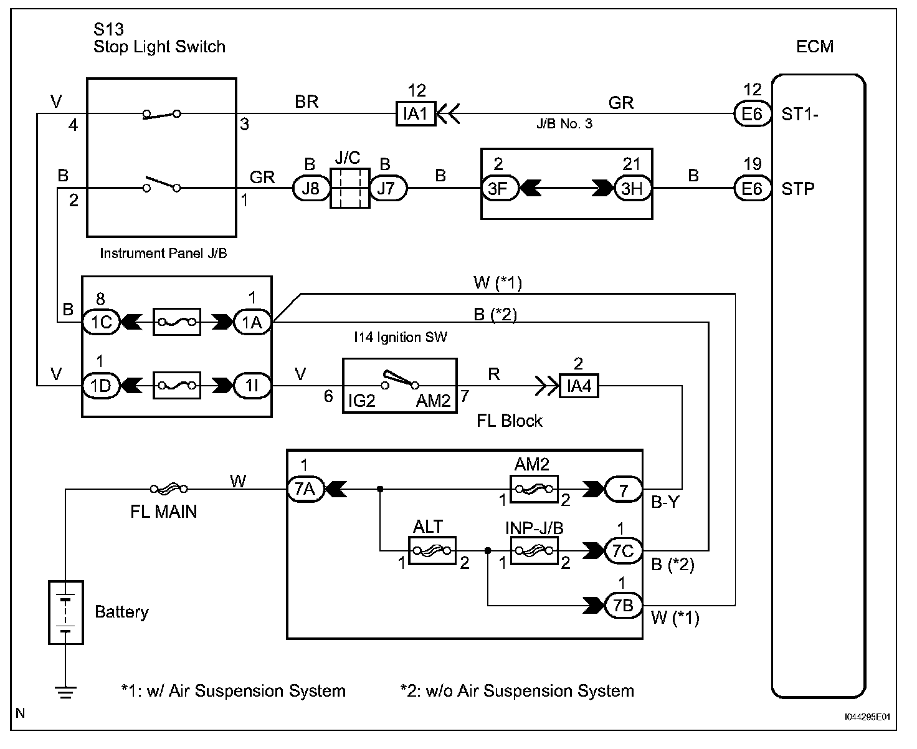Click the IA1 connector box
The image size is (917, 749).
(416, 114)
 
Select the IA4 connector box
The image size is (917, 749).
(579, 386)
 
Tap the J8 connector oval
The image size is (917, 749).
(310, 188)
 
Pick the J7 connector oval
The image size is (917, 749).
(387, 188)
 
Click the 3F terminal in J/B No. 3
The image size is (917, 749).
(498, 188)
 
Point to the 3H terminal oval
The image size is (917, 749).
(632, 188)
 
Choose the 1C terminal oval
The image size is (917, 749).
(100, 322)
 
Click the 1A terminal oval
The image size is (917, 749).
(252, 322)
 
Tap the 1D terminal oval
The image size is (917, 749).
(100, 386)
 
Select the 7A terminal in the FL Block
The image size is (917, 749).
(305, 489)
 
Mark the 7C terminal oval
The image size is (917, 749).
(623, 551)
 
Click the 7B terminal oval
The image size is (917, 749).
(623, 605)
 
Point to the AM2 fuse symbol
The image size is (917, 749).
(534, 489)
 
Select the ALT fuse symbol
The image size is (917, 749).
(432, 551)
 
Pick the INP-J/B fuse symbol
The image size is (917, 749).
(534, 551)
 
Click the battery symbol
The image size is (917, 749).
(66, 612)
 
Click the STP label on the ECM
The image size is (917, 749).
(798, 188)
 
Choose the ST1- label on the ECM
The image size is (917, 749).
(800, 115)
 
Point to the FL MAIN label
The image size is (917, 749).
(163, 512)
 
